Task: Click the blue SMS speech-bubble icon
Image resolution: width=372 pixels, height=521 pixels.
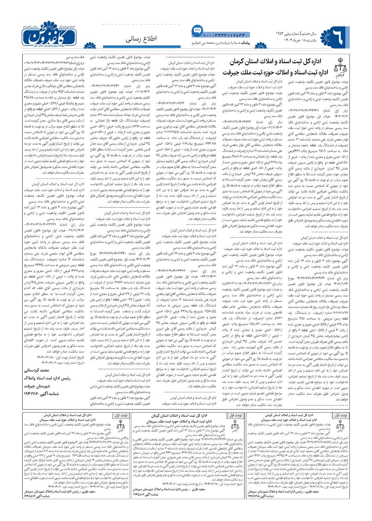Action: (x=196, y=30)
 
